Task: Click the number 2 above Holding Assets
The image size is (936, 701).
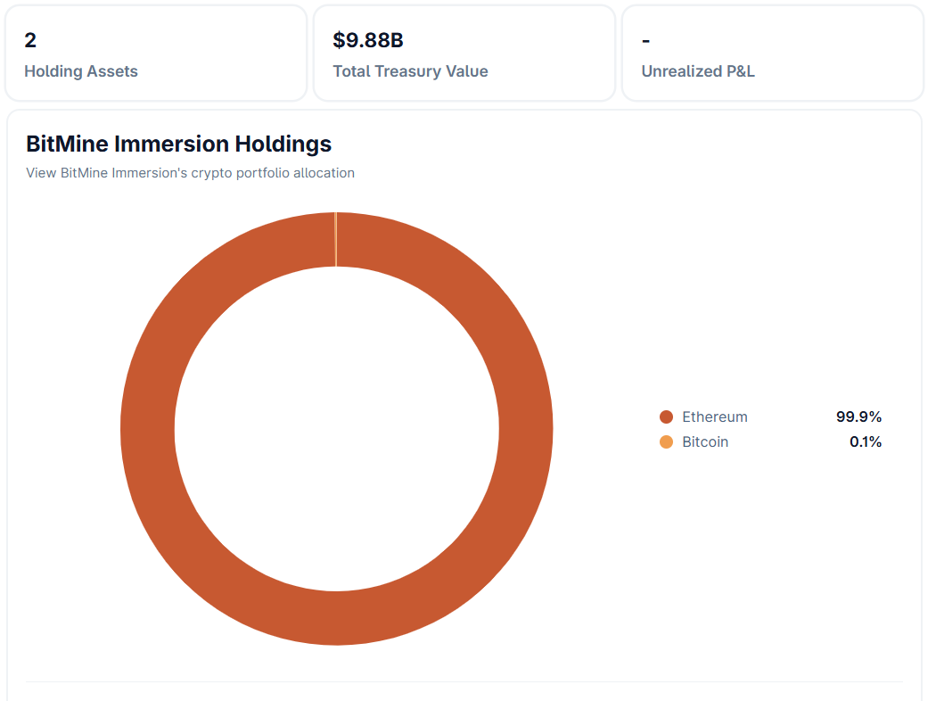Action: click(30, 40)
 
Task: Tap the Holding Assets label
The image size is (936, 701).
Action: click(81, 71)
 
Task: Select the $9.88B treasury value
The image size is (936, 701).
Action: click(368, 40)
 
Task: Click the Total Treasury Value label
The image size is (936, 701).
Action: click(410, 71)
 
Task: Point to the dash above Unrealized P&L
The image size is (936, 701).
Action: click(645, 41)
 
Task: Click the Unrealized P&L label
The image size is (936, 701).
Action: click(698, 71)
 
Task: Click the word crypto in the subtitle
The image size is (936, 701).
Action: click(211, 173)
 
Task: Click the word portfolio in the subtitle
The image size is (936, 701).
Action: click(261, 173)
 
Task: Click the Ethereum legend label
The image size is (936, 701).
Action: click(715, 416)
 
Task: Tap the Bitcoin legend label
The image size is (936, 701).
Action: click(705, 441)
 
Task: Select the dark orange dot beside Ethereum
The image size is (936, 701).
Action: click(666, 416)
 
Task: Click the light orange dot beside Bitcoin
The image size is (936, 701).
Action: click(666, 441)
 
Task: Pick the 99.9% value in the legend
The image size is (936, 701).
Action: click(858, 416)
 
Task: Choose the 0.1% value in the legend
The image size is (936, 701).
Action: click(866, 441)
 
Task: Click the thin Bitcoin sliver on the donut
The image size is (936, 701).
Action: click(335, 239)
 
